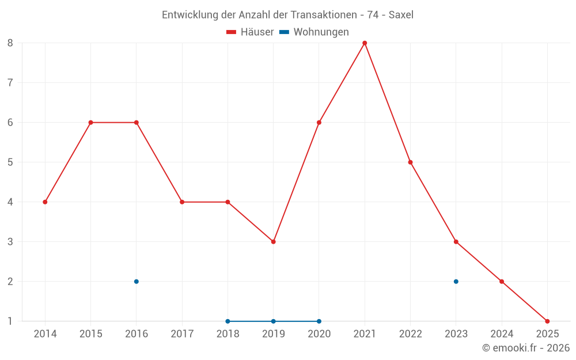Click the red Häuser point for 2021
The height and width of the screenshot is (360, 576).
pos(365,43)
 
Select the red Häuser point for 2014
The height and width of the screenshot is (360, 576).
pos(45,202)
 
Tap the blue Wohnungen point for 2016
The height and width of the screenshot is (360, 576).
pos(137,282)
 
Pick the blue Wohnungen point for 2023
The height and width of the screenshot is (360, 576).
pos(456,282)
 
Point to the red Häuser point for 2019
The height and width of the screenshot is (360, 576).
pos(274,241)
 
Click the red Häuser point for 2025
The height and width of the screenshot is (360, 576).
pos(547,321)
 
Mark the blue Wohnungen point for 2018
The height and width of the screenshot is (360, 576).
pos(228,321)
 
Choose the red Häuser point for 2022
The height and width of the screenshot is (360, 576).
pos(410,162)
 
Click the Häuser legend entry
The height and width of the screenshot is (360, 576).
pos(250,32)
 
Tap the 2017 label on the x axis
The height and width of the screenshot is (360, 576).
pos(182,334)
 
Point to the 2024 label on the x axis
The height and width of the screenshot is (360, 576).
pos(502,334)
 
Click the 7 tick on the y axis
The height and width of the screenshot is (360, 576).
pos(10,82)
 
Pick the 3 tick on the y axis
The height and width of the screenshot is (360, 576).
pos(10,241)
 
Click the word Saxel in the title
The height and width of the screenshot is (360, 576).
pos(401,15)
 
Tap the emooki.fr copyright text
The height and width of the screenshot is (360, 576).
pos(526,348)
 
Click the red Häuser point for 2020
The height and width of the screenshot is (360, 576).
pos(319,122)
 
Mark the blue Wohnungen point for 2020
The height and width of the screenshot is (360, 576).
pos(319,321)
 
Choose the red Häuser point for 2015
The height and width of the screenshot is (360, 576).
pos(90,122)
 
